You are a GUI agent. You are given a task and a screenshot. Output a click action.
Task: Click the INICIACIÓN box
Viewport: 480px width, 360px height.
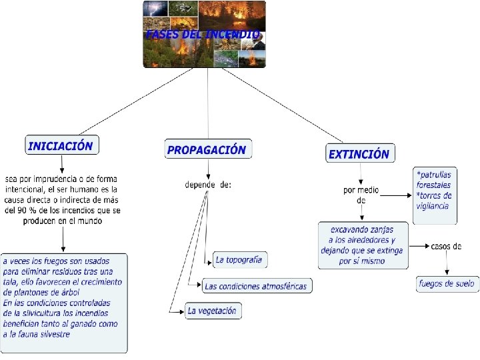point(61,145)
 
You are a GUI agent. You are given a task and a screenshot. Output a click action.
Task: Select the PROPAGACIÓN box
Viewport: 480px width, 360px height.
point(207,150)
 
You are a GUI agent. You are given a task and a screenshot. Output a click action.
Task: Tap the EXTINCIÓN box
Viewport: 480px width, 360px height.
point(359,154)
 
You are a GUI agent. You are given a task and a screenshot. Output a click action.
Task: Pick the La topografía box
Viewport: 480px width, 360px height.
point(239,259)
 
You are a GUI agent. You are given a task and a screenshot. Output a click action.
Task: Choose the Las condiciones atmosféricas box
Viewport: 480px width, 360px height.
point(256,286)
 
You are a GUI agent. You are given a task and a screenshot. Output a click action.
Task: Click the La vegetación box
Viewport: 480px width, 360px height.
point(211,311)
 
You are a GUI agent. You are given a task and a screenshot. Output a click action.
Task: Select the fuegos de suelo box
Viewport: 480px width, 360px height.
point(447,283)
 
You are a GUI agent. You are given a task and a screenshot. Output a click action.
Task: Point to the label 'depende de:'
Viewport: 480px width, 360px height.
point(208,185)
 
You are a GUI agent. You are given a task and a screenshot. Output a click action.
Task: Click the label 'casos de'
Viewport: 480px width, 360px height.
point(446,246)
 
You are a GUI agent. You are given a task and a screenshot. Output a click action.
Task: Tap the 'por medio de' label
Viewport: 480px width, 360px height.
point(361,195)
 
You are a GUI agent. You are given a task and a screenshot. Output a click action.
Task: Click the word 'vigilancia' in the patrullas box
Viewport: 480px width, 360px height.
point(433,205)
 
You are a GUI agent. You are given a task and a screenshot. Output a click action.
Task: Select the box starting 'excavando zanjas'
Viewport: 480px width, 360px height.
point(362,245)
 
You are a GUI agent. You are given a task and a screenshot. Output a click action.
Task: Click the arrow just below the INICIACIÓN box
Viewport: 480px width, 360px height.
point(62,164)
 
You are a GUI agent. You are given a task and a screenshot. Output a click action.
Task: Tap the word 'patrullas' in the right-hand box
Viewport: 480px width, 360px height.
point(434,175)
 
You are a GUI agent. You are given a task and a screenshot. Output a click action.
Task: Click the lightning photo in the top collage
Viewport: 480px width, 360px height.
point(156,9)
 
